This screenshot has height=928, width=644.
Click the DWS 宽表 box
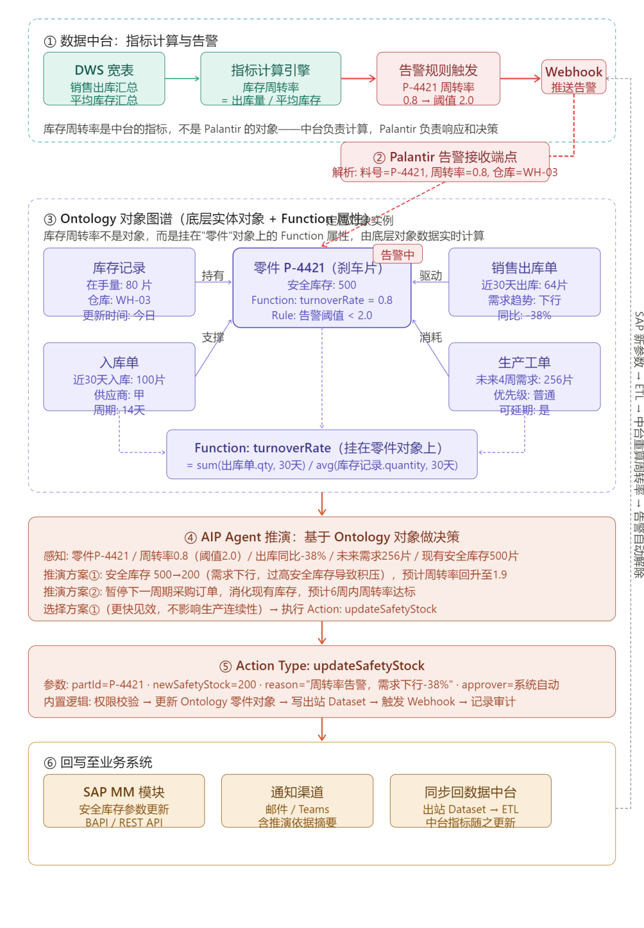click(104, 79)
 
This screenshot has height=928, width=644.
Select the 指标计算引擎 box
click(271, 79)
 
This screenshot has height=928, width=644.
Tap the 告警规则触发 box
click(438, 79)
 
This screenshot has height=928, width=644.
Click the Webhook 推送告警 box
click(574, 77)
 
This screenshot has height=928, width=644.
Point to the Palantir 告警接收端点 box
click(445, 162)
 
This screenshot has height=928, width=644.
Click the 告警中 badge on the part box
click(398, 254)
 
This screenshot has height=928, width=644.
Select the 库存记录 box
click(119, 282)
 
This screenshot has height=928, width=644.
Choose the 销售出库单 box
click(524, 282)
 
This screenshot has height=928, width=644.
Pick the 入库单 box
click(119, 377)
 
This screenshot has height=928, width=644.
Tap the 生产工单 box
click(524, 377)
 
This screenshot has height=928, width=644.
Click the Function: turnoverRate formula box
click(322, 454)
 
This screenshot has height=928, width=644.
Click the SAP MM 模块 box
click(124, 800)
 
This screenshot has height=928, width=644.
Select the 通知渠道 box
click(297, 800)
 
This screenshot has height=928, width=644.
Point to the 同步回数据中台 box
click(470, 800)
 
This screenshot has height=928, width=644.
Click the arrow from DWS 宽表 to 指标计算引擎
click(182, 78)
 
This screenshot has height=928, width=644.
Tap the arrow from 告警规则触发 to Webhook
click(521, 78)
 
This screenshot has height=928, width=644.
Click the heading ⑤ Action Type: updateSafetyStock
click(322, 666)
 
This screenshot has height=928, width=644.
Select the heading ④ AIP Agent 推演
click(322, 537)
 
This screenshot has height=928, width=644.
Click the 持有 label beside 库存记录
click(213, 275)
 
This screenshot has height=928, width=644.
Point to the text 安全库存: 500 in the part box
click(322, 285)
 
